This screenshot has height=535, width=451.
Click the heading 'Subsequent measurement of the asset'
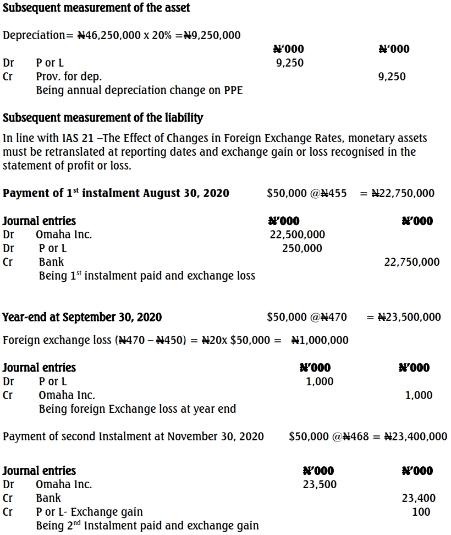tap(96, 8)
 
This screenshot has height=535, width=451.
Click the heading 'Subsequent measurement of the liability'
tap(103, 118)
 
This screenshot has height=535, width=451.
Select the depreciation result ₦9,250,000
tap(212, 35)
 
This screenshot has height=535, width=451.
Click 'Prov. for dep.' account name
tap(69, 77)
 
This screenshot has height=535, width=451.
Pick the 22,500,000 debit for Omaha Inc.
tap(297, 234)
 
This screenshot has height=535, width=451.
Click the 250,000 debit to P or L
tap(302, 248)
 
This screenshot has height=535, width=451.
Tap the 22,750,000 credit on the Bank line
tap(411, 262)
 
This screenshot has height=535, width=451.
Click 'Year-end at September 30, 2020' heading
tap(82, 317)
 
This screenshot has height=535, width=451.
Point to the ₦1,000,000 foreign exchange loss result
tap(320, 340)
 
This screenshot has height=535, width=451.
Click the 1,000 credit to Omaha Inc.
tap(419, 395)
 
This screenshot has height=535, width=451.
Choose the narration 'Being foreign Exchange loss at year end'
tap(137, 409)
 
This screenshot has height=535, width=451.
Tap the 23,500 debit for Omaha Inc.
tap(320, 484)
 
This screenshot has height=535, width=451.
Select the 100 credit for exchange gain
tap(421, 512)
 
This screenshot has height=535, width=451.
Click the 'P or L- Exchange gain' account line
tap(89, 512)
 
